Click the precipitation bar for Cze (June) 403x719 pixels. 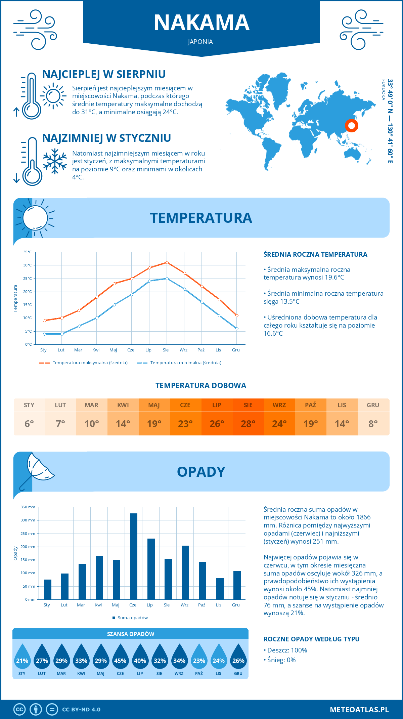point(133,556)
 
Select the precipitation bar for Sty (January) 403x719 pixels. point(48,589)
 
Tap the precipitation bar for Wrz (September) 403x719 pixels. point(185,573)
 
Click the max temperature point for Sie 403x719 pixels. point(167,262)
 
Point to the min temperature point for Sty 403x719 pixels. point(44,334)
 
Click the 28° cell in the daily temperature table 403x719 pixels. point(248,424)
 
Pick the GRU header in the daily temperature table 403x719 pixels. point(373,405)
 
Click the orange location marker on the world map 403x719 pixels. point(352,126)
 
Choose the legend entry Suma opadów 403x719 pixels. point(133,618)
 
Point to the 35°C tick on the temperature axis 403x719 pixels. point(28,252)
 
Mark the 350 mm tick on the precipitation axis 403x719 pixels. point(28,507)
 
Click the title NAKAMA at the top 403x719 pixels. point(201,23)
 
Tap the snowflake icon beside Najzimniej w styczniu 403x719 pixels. point(55,161)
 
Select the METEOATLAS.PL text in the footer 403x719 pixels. point(359,710)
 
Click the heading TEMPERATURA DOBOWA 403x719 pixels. point(201,385)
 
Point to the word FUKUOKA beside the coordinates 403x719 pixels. point(383,90)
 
